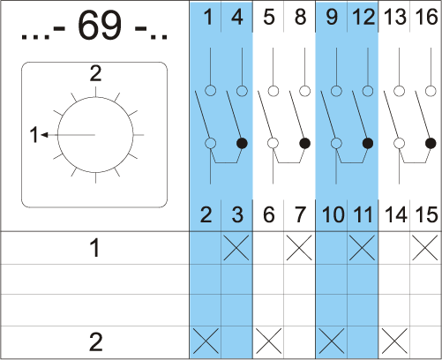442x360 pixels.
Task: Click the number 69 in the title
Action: [x=100, y=26]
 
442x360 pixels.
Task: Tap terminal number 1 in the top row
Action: [x=208, y=17]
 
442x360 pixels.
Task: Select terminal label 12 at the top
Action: [x=363, y=17]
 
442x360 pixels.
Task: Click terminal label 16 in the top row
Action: [x=426, y=17]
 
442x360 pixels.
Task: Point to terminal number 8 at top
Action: [x=300, y=17]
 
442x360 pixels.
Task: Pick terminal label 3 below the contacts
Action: [x=237, y=214]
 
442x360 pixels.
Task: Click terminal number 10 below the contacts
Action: [x=333, y=214]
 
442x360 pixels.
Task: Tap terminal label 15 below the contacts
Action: [x=426, y=214]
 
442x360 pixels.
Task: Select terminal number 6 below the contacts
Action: [x=269, y=214]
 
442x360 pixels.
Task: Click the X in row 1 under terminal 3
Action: [x=236, y=247]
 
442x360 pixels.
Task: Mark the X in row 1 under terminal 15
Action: [x=425, y=247]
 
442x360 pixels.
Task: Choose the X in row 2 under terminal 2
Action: [x=206, y=341]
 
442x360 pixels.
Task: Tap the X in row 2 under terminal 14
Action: [x=394, y=341]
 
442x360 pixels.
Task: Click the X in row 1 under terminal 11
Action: [x=362, y=247]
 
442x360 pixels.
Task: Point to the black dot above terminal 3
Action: [x=242, y=143]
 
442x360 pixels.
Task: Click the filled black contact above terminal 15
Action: [x=431, y=143]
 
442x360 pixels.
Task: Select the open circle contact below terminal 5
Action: [x=273, y=91]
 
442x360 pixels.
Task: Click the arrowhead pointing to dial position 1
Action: [x=44, y=135]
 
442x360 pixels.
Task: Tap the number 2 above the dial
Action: [x=95, y=73]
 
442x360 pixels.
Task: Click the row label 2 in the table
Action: [x=95, y=342]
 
